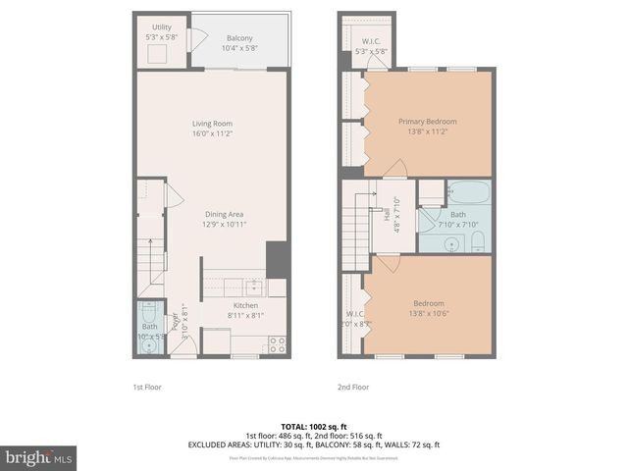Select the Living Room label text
tap(211, 129)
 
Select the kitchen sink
tap(254, 287)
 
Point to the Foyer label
tap(178, 325)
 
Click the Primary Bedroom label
tap(427, 127)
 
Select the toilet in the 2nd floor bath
tap(477, 241)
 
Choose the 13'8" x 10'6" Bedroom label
tap(428, 308)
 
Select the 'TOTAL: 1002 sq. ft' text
tap(313, 427)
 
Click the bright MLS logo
tap(39, 457)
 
